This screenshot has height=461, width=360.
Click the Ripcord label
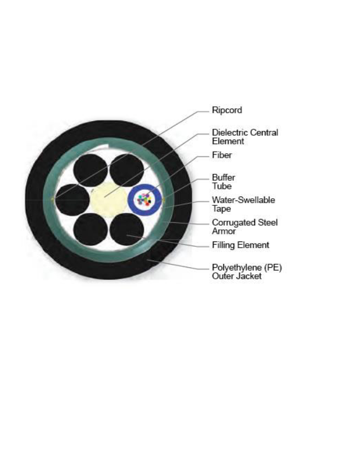(227, 111)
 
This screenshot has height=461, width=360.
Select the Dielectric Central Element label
(245, 137)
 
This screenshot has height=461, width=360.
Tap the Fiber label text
(222, 155)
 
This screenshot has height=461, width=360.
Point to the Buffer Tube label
(223, 182)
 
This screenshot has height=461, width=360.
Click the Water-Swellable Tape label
(243, 204)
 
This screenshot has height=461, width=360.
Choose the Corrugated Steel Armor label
(245, 227)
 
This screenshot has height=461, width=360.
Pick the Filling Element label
(240, 245)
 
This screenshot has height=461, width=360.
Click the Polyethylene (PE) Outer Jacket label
(247, 272)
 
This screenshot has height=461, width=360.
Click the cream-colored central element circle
(108, 200)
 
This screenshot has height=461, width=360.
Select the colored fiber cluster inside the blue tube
(144, 200)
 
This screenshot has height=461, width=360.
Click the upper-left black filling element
(90, 170)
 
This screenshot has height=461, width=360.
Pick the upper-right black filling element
(127, 170)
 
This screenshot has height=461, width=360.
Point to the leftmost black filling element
(72, 200)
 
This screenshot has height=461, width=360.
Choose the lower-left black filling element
(90, 229)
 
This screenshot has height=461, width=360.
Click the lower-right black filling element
(127, 229)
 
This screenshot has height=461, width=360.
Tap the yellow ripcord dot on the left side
(53, 199)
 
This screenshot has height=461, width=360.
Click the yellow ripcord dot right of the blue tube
(164, 200)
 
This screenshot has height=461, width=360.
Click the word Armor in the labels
(224, 231)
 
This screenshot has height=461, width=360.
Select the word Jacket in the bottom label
(248, 276)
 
